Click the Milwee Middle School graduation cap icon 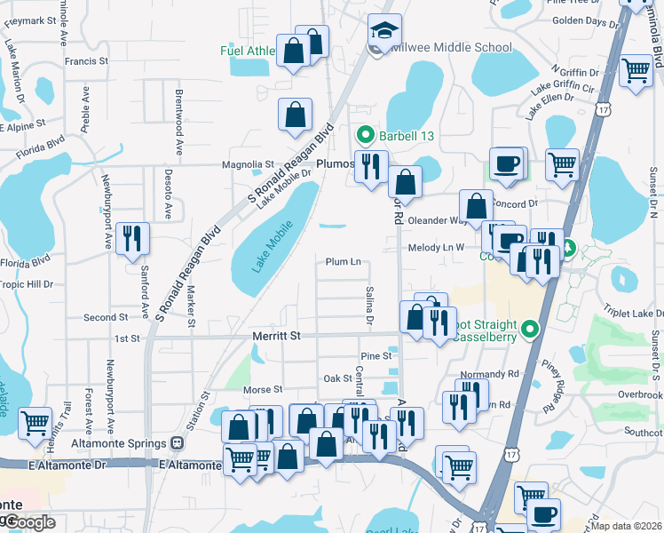pos(384,31)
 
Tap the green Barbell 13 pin pos(364,136)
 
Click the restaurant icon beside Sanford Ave pos(132,238)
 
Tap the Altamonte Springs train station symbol pos(177,442)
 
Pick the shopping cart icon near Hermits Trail pos(35,424)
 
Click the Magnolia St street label pos(248,164)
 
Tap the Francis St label pos(86,61)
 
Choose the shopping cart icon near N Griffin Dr pos(636,68)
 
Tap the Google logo pos(28,522)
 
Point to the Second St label pos(106,317)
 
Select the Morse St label pos(262,389)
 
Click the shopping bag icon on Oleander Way pos(476,206)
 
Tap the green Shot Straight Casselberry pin pos(531,330)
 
